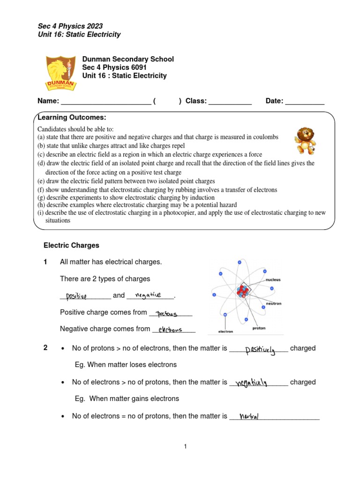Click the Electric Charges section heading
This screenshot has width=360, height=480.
coord(71,245)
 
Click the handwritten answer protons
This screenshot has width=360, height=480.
coord(167,313)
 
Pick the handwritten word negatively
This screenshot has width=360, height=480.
coord(251,383)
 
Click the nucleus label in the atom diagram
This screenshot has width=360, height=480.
coord(273,280)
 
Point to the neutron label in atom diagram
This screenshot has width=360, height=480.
coord(273,303)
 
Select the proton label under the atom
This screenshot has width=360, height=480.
coord(258,328)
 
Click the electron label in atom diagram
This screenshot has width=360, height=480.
coord(225,331)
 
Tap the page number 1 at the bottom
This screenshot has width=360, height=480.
coord(185,447)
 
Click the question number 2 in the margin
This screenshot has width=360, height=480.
coord(45,348)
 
